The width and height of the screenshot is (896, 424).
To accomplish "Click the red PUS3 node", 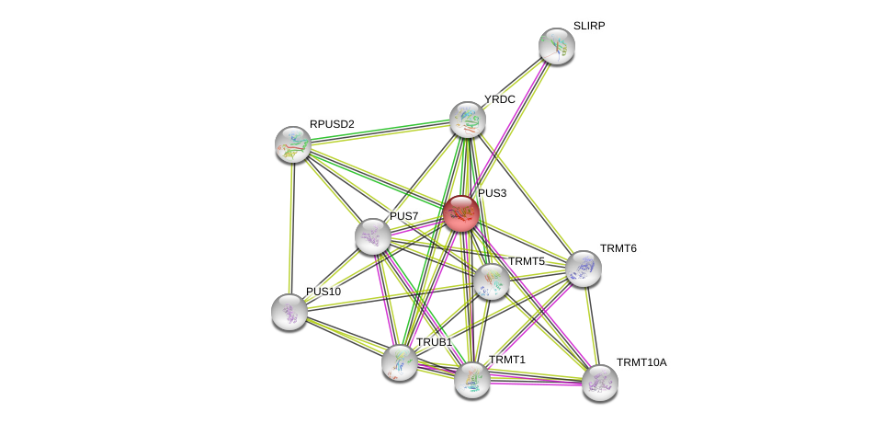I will [x=460, y=213].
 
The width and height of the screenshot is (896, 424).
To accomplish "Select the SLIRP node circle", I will [x=556, y=46].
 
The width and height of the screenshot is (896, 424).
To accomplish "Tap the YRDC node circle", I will [x=467, y=120].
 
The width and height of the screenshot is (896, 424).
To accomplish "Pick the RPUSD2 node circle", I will [x=293, y=144].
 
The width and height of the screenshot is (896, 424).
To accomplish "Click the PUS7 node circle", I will [x=373, y=236].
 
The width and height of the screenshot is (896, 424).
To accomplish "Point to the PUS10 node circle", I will [x=289, y=312].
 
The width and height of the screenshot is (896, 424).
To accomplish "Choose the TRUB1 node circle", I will [x=400, y=361].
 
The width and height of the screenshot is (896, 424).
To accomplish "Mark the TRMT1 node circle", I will [x=472, y=379].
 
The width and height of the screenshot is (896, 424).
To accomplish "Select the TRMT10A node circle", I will [x=599, y=383].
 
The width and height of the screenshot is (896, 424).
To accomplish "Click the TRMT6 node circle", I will [x=584, y=268].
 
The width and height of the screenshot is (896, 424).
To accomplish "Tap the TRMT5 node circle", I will [x=492, y=281].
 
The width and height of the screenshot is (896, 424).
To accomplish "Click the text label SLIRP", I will [x=589, y=26].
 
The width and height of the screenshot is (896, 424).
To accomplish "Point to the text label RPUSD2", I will [x=332, y=124].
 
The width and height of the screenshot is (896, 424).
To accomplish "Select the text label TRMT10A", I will [x=641, y=362].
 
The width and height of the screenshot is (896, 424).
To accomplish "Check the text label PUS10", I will [x=323, y=292].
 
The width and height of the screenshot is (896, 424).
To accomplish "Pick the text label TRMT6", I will [x=618, y=248].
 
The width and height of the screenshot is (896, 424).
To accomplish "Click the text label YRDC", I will [x=500, y=99].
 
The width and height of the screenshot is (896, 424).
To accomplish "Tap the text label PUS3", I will [x=493, y=193].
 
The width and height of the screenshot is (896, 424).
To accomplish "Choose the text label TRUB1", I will [x=434, y=342].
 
